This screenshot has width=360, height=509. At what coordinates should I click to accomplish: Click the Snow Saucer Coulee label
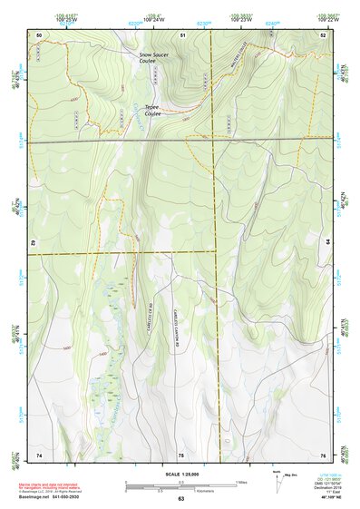[x=153, y=58]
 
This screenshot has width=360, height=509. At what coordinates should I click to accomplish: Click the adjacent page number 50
[x=39, y=34]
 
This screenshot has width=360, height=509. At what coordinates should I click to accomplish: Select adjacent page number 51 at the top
[x=182, y=34]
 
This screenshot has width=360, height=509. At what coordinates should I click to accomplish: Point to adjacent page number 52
[x=323, y=34]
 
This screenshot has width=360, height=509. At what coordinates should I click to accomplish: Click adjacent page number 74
[x=39, y=454]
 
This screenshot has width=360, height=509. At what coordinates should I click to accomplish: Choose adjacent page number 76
[x=323, y=454]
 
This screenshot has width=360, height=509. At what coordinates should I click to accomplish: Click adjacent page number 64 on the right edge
[x=327, y=244]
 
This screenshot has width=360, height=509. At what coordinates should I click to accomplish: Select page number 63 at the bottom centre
[x=180, y=499]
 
